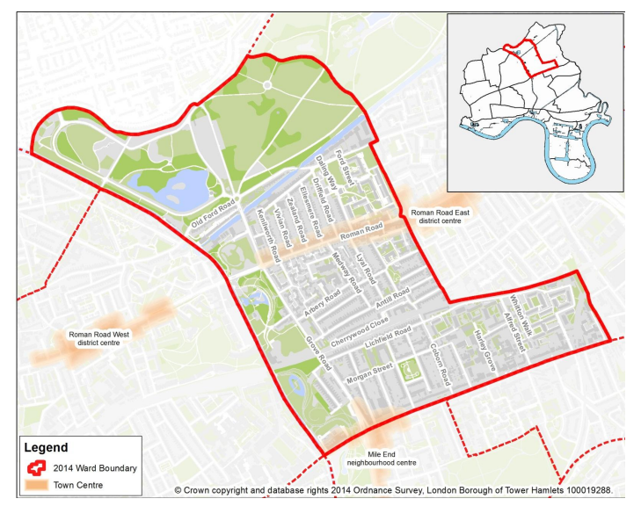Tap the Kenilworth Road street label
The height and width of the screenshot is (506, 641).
click(259, 230)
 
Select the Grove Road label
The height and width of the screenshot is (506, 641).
click(316, 349)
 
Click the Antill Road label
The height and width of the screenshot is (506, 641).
click(392, 300)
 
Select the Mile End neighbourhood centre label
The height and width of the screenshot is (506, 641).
click(381, 458)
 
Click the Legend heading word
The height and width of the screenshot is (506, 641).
click(46, 449)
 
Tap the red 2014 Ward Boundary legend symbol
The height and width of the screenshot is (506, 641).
click(38, 468)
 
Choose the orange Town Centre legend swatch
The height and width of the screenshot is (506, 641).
click(38, 485)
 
